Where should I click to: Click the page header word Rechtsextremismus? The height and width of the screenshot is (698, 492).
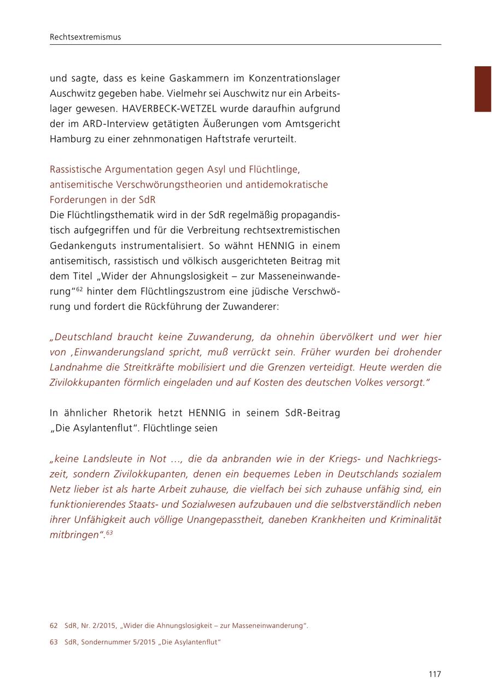click(85, 37)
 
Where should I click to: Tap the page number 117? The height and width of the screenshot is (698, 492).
click(435, 674)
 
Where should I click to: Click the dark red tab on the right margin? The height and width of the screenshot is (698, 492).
click(483, 89)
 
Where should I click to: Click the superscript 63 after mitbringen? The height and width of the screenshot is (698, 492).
click(109, 533)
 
